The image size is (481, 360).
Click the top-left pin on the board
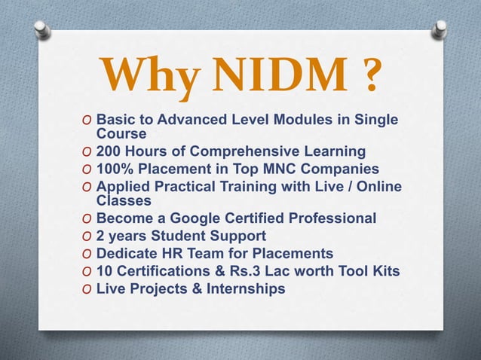point(44,29)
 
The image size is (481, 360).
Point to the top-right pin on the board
point(439,28)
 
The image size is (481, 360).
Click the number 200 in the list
point(110,151)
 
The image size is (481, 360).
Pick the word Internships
point(244,288)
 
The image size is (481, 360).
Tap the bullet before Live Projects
point(87,288)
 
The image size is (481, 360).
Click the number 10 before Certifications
point(105,270)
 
